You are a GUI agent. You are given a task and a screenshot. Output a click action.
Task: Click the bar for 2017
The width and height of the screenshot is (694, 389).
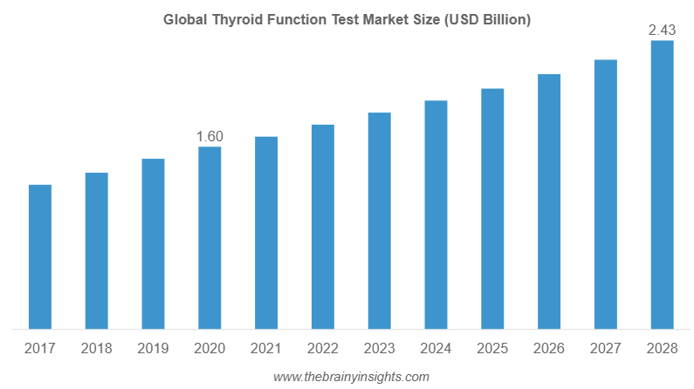pyautogui.click(x=39, y=257)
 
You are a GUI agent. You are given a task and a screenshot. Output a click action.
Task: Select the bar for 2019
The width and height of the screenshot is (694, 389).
pyautogui.click(x=153, y=244)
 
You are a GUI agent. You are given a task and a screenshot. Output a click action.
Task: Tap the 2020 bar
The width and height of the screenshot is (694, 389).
pyautogui.click(x=210, y=238)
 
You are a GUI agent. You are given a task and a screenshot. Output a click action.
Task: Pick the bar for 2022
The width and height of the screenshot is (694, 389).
pyautogui.click(x=322, y=227)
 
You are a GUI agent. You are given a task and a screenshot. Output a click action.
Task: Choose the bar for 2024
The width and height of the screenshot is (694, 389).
pyautogui.click(x=436, y=215)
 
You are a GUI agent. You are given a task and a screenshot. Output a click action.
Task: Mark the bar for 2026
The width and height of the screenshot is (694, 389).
pyautogui.click(x=549, y=202)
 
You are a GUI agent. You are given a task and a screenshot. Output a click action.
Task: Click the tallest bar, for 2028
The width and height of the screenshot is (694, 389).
pyautogui.click(x=662, y=185)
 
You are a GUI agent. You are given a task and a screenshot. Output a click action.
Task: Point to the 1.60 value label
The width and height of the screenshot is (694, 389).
pyautogui.click(x=210, y=136)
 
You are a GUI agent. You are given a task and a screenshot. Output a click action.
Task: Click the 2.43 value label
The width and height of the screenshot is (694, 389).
pyautogui.click(x=662, y=31)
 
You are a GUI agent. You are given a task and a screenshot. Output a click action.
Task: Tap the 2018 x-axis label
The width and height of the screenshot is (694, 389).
pyautogui.click(x=96, y=349)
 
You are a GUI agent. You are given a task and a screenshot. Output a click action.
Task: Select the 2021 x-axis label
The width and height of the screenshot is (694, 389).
pyautogui.click(x=266, y=349)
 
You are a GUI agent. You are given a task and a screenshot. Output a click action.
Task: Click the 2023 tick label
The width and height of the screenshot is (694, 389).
pyautogui.click(x=379, y=349)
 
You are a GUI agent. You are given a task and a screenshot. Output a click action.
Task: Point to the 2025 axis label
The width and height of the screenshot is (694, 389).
pyautogui.click(x=492, y=349)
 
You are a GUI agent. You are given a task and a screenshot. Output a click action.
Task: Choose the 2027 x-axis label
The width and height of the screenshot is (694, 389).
pyautogui.click(x=606, y=349)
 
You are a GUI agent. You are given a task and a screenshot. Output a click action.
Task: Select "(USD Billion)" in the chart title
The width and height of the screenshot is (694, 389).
pyautogui.click(x=488, y=19)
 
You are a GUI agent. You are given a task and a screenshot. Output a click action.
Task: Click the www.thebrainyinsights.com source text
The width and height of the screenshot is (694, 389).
pyautogui.click(x=351, y=377)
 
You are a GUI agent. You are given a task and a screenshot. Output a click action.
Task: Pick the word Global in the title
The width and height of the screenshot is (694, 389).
pyautogui.click(x=182, y=19)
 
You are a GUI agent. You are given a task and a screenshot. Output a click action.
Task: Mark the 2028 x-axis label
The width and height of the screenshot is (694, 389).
pyautogui.click(x=662, y=349)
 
